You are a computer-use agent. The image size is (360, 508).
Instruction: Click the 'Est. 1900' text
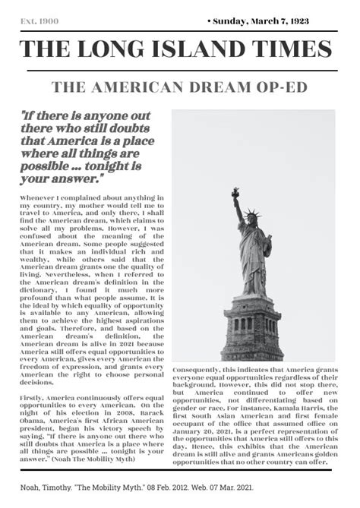(38, 21)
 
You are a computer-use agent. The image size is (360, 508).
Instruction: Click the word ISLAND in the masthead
(199, 49)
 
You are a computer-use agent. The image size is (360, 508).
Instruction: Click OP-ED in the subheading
(283, 87)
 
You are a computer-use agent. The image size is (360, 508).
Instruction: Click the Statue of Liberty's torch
(235, 192)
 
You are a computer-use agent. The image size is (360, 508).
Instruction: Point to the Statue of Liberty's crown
(251, 216)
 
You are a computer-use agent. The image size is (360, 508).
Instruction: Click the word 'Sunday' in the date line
(232, 21)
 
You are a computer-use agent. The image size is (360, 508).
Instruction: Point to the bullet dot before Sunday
(209, 21)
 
